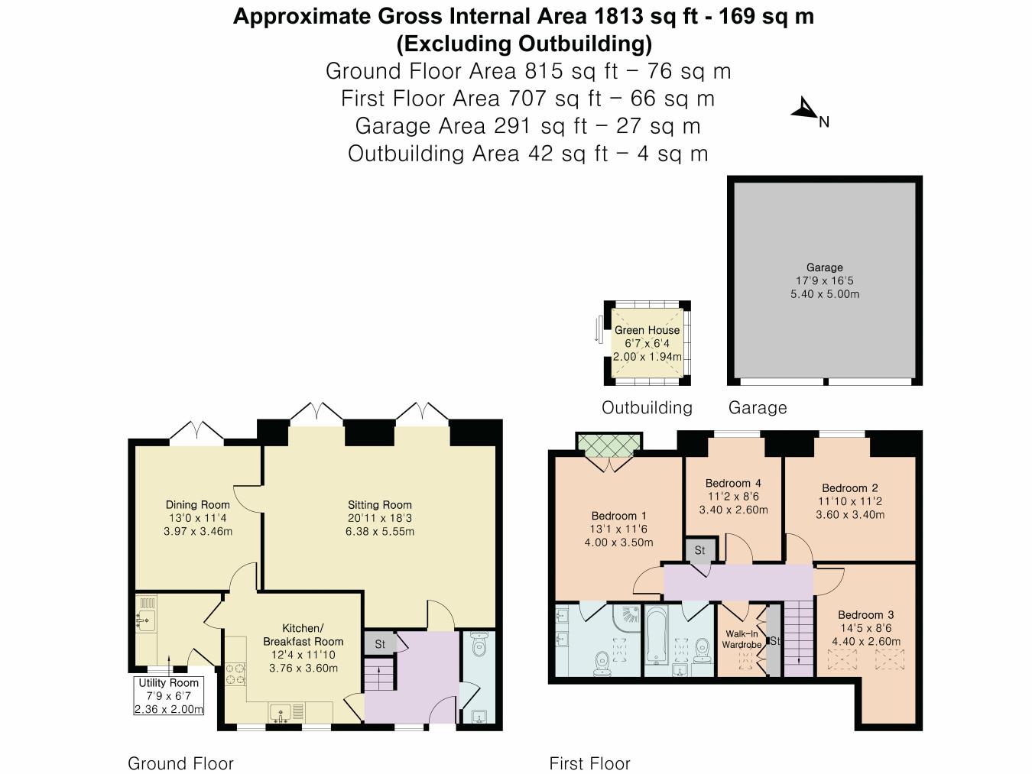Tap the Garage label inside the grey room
[824, 267]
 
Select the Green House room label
[647, 330]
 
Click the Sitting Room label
[379, 504]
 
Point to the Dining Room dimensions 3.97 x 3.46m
[198, 531]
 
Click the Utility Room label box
[169, 695]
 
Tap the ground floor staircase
[375, 675]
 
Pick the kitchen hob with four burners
[235, 674]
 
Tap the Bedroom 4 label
[732, 483]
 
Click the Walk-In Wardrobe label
[742, 640]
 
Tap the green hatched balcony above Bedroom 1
[608, 444]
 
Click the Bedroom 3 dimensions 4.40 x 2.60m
[866, 641]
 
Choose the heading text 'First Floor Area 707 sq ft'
[527, 99]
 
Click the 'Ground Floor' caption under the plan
[180, 763]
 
